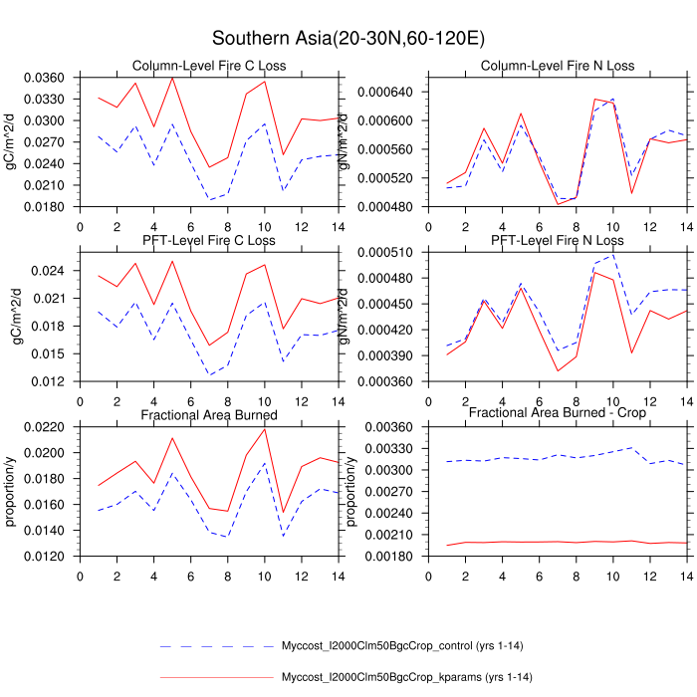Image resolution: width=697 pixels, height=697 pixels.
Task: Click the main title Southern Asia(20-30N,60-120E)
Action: [x=348, y=39]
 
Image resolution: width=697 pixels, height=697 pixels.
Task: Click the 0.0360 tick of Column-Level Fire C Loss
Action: [x=44, y=78]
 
